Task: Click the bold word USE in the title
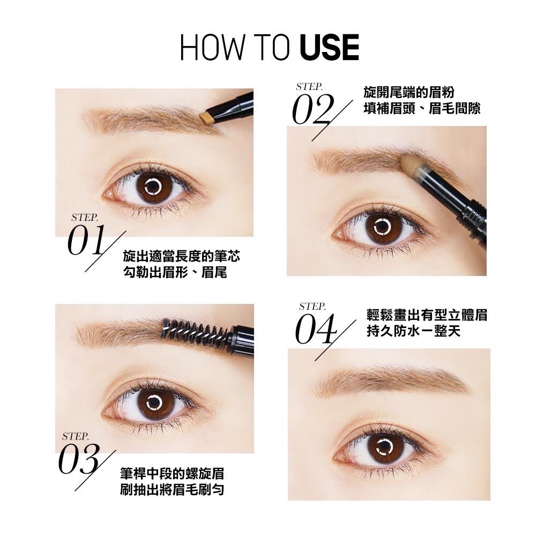[x=329, y=48]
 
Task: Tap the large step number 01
[x=86, y=241]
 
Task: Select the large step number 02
[x=312, y=109]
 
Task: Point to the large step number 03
[x=79, y=459]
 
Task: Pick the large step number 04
[x=315, y=329]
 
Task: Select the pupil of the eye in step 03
[x=154, y=403]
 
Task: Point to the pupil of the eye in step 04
[x=385, y=446]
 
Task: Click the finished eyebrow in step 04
[x=392, y=381]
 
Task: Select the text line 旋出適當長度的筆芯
[x=181, y=256]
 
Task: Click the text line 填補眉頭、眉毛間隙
[x=422, y=109]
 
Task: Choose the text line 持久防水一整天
[x=413, y=331]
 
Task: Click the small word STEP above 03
[x=75, y=436]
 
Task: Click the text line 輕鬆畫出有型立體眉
[x=427, y=315]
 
